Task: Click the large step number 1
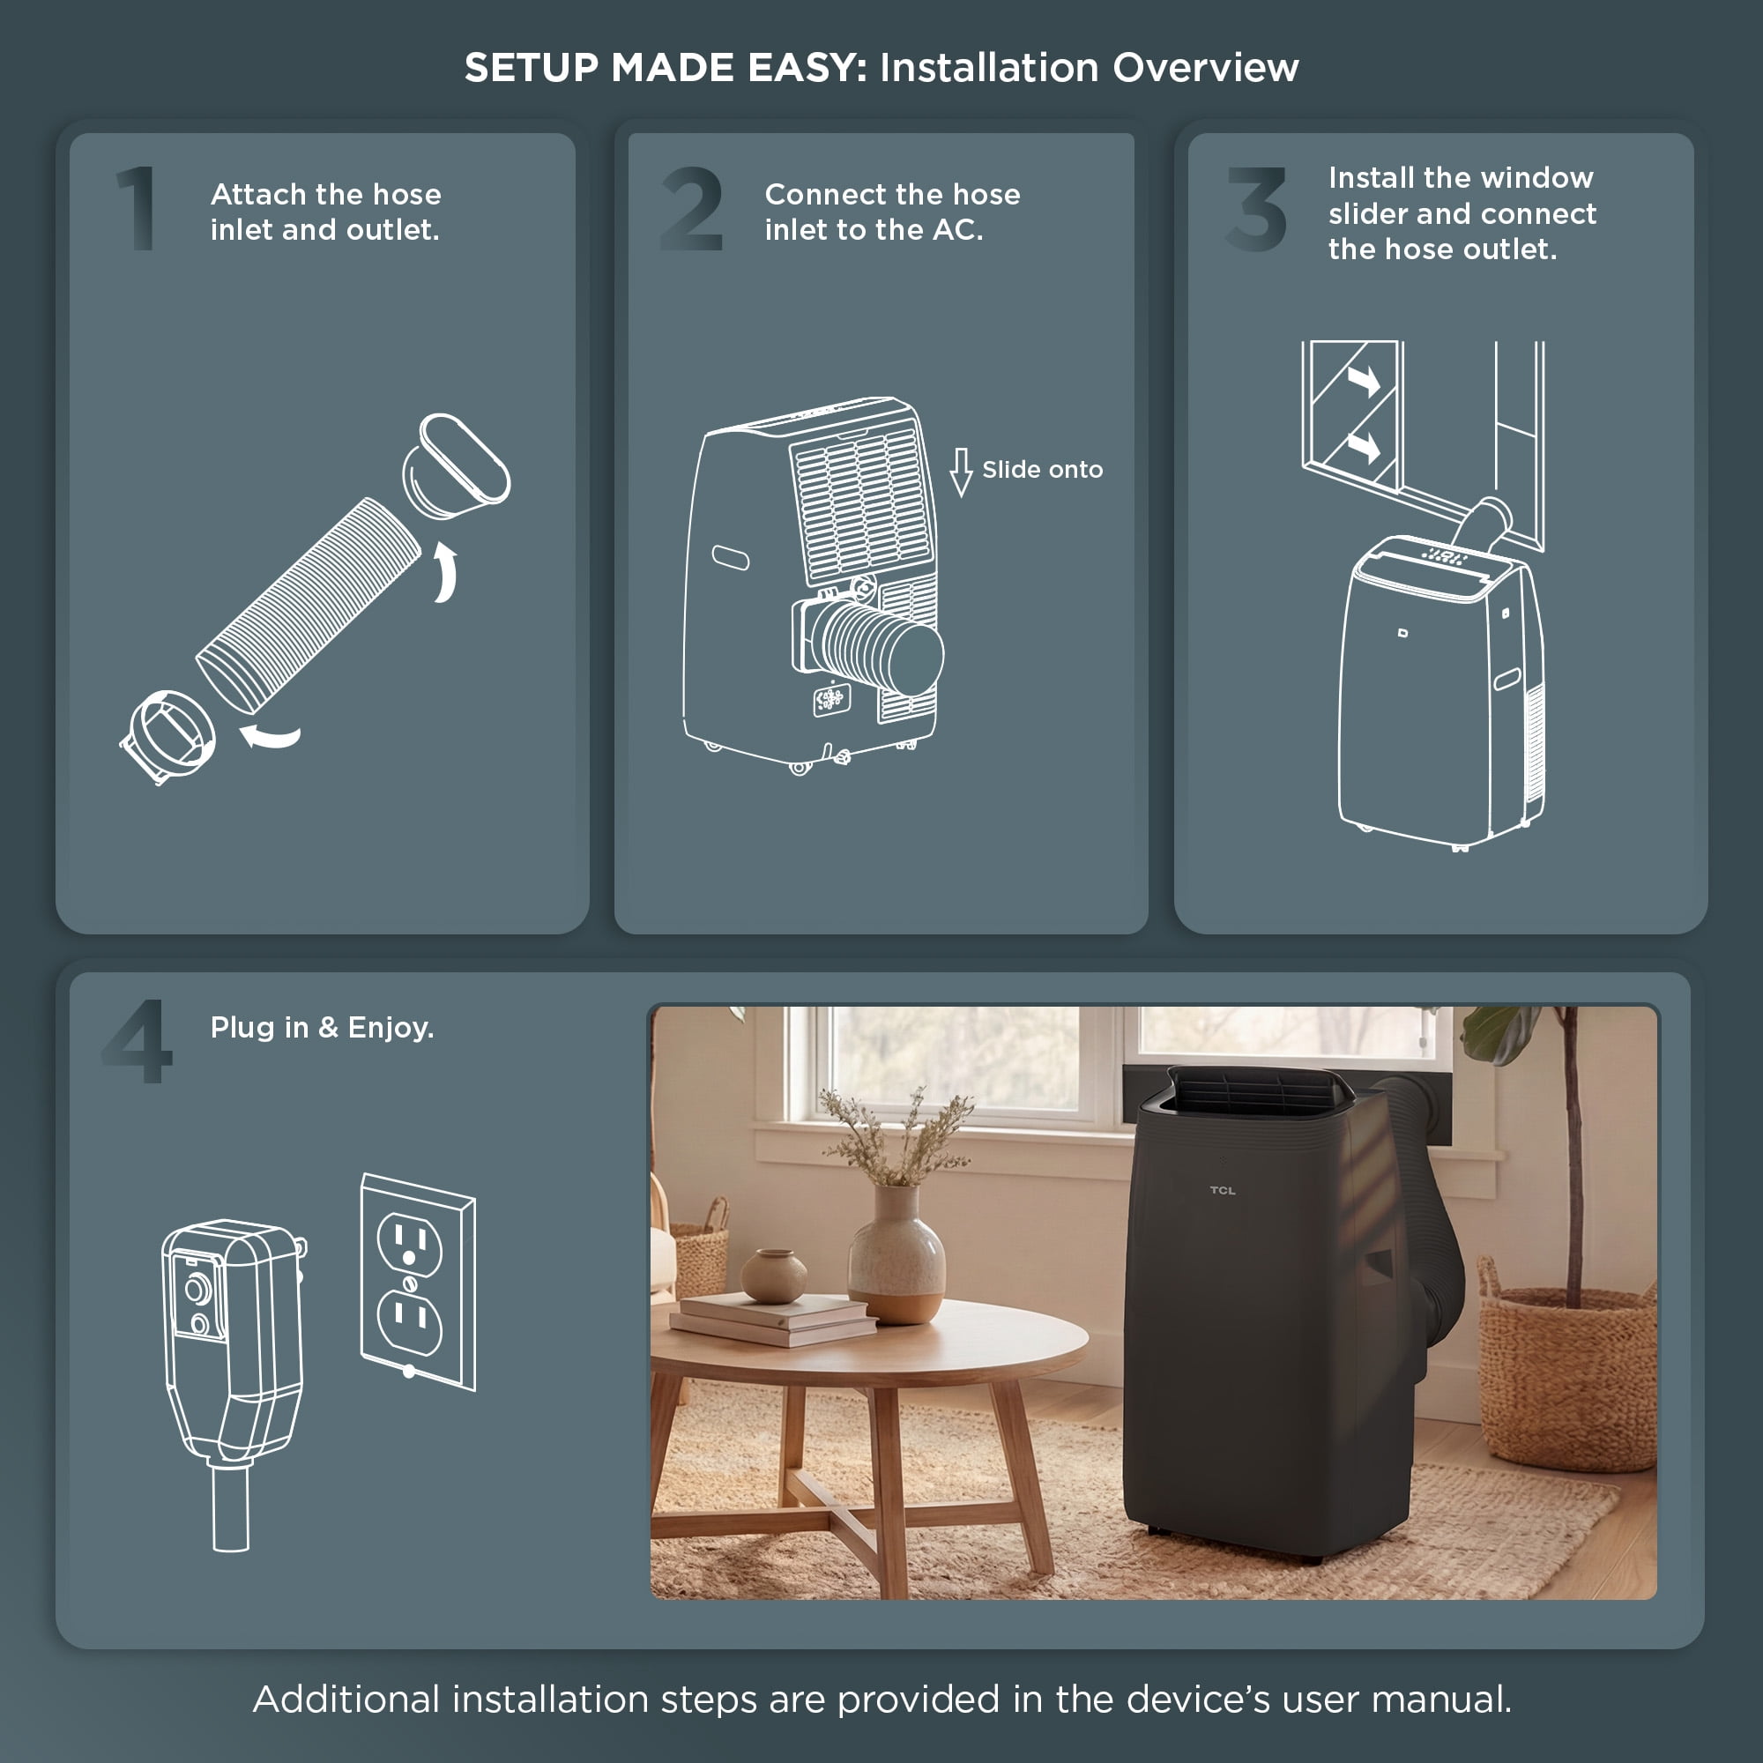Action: [x=137, y=208]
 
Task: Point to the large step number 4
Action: [x=137, y=1041]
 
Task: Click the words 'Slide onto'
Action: [x=1042, y=470]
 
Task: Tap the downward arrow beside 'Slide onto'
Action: [x=961, y=472]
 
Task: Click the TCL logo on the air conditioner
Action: [x=1222, y=1190]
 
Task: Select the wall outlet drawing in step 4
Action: [x=418, y=1281]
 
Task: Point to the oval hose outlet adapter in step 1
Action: [x=457, y=466]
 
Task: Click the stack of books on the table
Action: [x=772, y=1320]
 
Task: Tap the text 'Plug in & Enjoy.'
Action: [x=322, y=1029]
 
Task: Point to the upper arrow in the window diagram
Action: [x=1365, y=380]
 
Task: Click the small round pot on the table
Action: [x=774, y=1276]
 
